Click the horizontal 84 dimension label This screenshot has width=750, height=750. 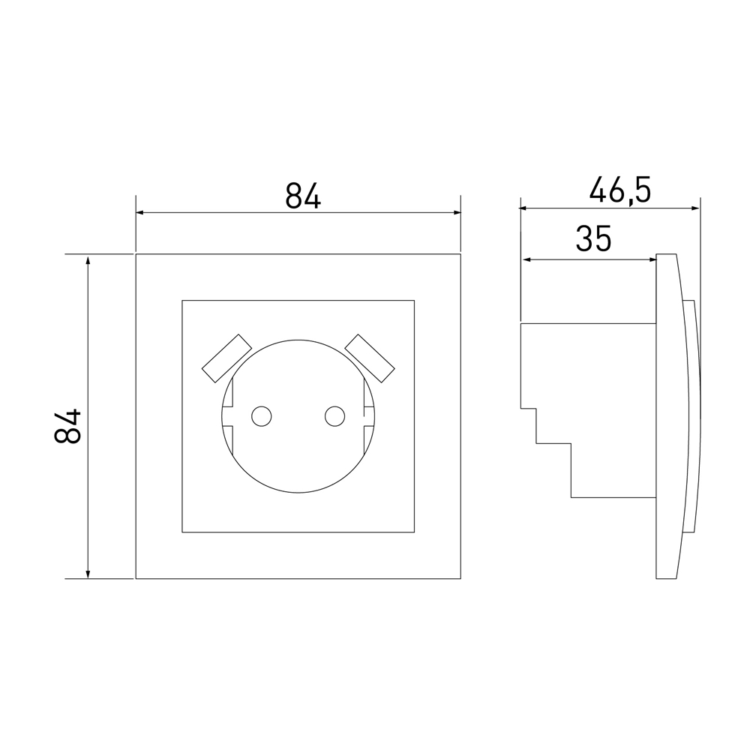pyautogui.click(x=303, y=196)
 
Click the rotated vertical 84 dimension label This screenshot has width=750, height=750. pyautogui.click(x=67, y=426)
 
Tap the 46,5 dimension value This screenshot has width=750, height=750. pyautogui.click(x=620, y=190)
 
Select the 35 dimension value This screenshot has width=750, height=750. pyautogui.click(x=593, y=238)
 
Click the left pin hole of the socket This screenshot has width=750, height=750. pyautogui.click(x=262, y=416)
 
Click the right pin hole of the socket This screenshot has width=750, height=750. pyautogui.click(x=334, y=416)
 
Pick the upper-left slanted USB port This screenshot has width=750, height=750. pyautogui.click(x=226, y=358)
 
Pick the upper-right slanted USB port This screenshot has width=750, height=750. pyautogui.click(x=370, y=358)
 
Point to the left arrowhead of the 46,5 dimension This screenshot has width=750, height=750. pyautogui.click(x=523, y=208)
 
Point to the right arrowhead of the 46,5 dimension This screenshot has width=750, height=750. pyautogui.click(x=696, y=208)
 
